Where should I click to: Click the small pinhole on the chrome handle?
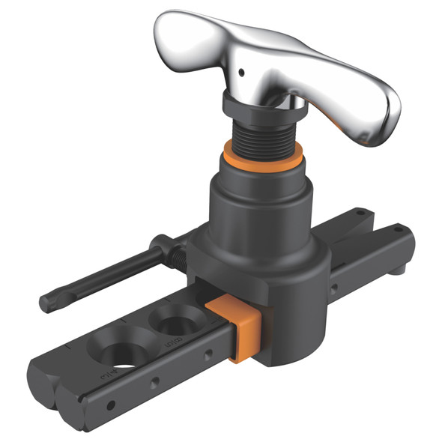(242, 73)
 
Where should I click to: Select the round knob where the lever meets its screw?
(162, 243)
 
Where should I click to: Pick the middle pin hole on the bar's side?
(154, 382)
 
